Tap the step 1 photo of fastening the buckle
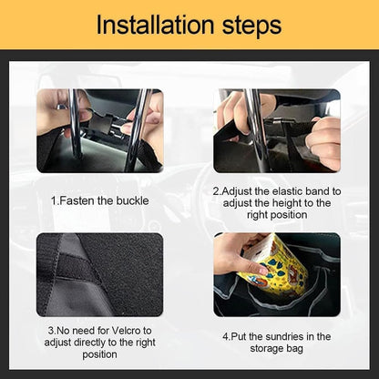click(99, 130)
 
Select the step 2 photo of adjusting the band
click(277, 130)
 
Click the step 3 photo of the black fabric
click(99, 274)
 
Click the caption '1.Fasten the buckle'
click(99, 199)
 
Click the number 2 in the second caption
click(216, 191)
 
